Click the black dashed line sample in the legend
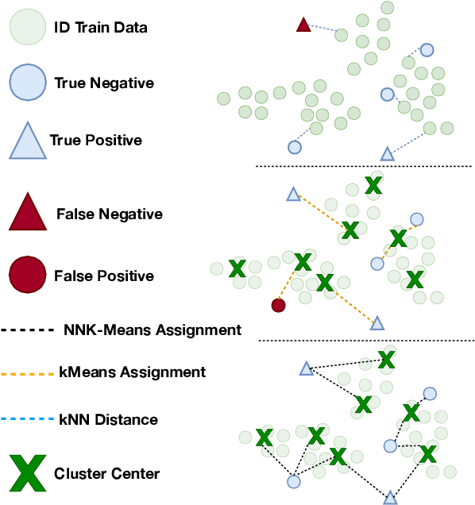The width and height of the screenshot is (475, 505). coord(27,330)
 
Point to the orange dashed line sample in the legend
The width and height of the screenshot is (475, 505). coord(27,372)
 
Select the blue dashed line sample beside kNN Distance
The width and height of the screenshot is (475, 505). coord(27,419)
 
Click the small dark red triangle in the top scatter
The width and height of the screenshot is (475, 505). coord(303,25)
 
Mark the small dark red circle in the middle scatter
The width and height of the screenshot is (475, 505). coord(277,305)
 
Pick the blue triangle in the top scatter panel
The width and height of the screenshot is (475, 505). coord(387,154)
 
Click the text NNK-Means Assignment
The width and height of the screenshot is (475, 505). coord(151,330)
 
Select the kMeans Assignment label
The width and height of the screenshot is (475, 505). coord(133,372)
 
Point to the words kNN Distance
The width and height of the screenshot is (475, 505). coord(108,419)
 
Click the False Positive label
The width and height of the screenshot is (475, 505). coord(104,276)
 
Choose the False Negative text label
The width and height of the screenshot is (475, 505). coord(109,214)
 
